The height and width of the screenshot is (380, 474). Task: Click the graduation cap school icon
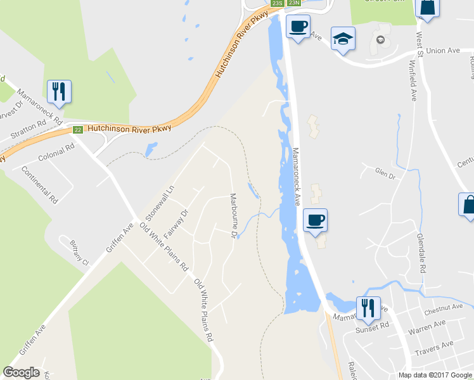click(x=343, y=39)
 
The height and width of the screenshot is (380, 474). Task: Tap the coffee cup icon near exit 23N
click(x=297, y=27)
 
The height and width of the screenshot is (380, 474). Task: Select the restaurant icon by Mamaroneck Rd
click(x=59, y=92)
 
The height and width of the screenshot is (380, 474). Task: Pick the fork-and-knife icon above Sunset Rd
click(x=368, y=308)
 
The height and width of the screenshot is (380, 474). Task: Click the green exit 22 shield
click(x=77, y=130)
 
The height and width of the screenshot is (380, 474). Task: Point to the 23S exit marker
click(x=276, y=3)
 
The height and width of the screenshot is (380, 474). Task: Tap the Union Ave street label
click(x=444, y=51)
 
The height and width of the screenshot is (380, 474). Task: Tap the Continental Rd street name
click(x=39, y=184)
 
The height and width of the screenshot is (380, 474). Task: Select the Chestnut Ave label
click(x=440, y=310)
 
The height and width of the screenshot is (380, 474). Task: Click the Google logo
click(x=21, y=372)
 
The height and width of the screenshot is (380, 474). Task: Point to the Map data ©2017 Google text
click(x=435, y=375)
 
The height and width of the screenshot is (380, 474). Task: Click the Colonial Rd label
click(x=56, y=153)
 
